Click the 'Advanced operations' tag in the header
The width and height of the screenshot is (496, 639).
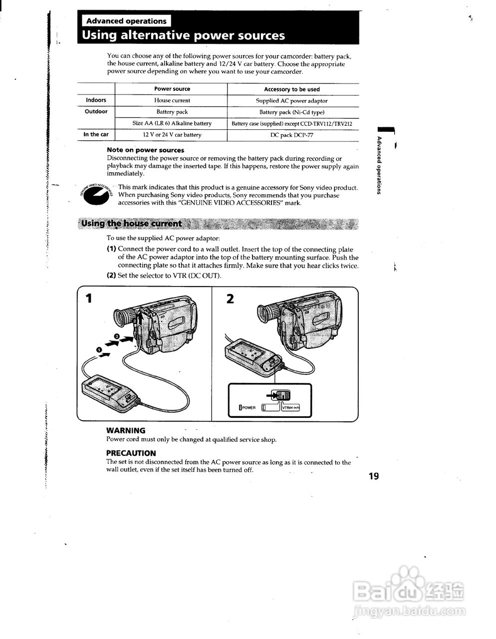(126, 21)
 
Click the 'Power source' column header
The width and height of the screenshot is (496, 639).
(172, 89)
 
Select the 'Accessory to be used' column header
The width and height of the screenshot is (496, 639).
(292, 89)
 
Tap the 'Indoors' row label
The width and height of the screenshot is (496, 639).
(96, 100)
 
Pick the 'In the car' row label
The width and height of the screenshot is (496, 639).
(96, 134)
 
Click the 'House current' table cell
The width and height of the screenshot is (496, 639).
(172, 100)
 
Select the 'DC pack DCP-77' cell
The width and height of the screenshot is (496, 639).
(292, 135)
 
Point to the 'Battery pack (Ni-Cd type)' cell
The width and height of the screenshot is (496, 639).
(292, 112)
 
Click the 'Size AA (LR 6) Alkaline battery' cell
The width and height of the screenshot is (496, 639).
(172, 123)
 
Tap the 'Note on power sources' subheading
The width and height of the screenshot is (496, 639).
(145, 150)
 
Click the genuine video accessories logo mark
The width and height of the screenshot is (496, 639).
(97, 195)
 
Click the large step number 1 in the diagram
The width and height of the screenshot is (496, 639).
(89, 299)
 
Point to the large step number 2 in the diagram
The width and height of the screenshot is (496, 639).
(230, 299)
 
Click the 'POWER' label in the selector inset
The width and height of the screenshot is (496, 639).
(248, 407)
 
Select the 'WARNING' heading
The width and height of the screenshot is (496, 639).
(126, 430)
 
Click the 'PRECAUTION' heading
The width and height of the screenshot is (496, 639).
(131, 453)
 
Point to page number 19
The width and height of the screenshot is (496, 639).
(374, 476)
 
